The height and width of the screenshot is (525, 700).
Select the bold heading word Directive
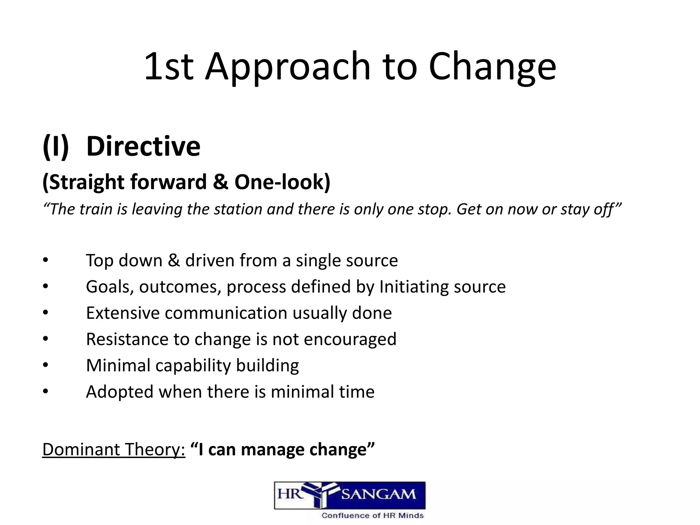pyautogui.click(x=143, y=146)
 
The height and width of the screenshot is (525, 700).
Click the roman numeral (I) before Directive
pyautogui.click(x=56, y=146)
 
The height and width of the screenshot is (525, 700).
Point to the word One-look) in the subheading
pyautogui.click(x=282, y=182)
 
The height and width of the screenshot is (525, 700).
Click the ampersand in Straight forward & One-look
pyautogui.click(x=220, y=182)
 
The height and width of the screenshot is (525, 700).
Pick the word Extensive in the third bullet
pyautogui.click(x=123, y=313)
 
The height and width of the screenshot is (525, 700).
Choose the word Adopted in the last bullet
pyautogui.click(x=120, y=392)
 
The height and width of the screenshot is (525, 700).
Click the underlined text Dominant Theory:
pyautogui.click(x=114, y=449)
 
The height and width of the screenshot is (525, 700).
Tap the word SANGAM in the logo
pyautogui.click(x=378, y=495)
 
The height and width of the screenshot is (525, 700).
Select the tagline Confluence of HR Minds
pyautogui.click(x=373, y=515)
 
